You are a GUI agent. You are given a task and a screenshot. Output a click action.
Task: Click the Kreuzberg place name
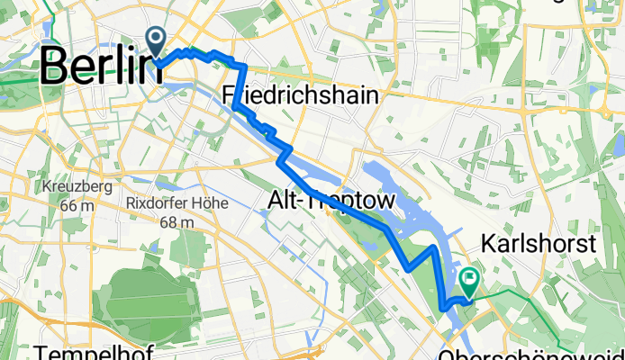[x=76, y=187]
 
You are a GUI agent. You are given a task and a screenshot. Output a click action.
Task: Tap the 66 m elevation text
[x=76, y=205]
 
